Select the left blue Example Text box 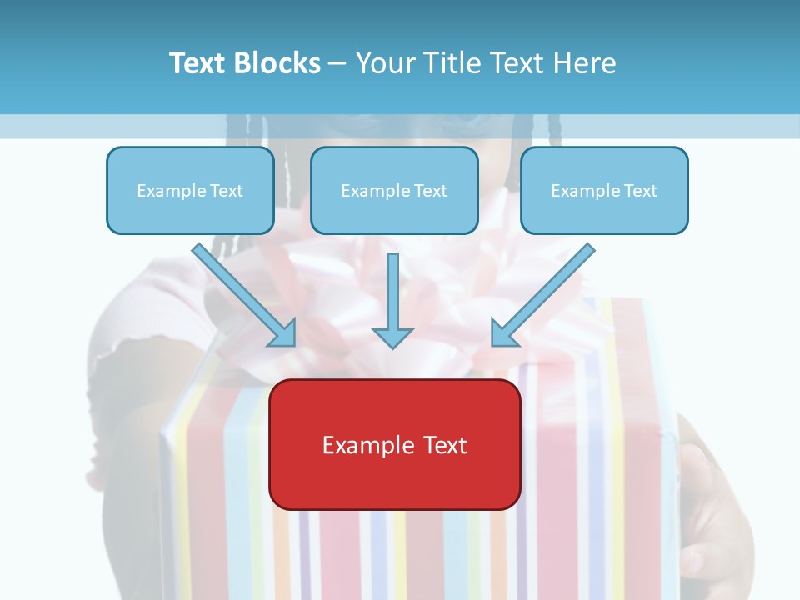[x=190, y=190]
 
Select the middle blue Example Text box [x=394, y=190]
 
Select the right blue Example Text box [x=604, y=190]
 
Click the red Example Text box [x=395, y=444]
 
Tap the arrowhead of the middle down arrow [x=392, y=337]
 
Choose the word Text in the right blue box [x=640, y=191]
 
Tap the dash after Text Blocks [x=337, y=64]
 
